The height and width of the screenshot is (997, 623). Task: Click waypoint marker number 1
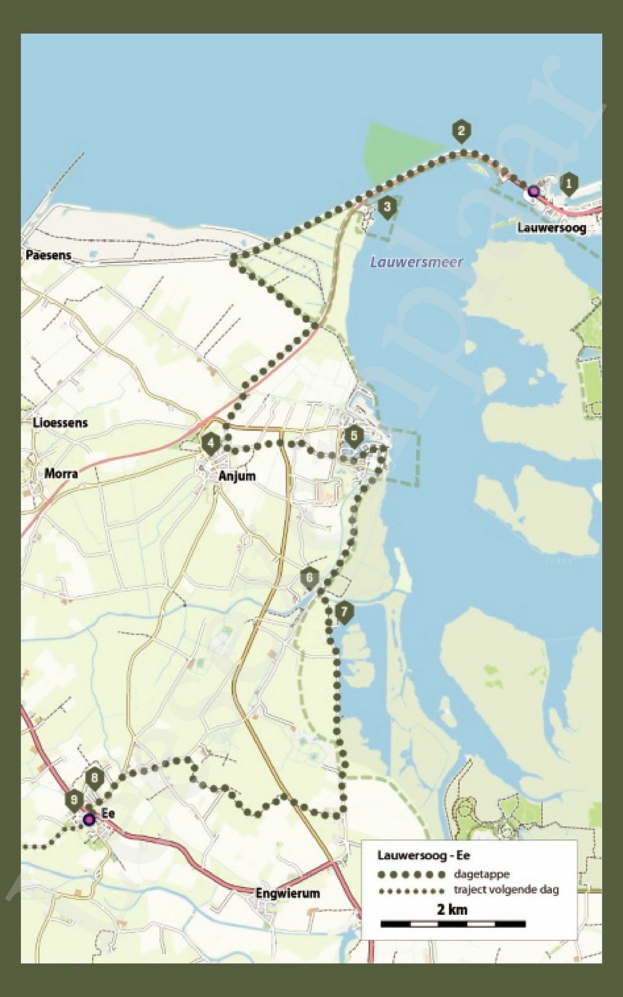(568, 184)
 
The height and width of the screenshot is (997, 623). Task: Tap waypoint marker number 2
(460, 130)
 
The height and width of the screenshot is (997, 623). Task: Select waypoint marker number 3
(388, 207)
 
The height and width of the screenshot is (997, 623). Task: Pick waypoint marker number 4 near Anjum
(211, 444)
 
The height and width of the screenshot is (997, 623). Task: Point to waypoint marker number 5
(354, 436)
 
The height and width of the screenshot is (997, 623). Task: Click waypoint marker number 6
(309, 578)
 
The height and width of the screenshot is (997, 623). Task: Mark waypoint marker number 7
(344, 612)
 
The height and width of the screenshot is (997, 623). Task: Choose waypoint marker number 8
(95, 778)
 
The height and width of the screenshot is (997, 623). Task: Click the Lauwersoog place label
(551, 227)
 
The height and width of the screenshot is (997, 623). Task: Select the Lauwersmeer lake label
(416, 262)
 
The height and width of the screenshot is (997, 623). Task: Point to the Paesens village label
(48, 255)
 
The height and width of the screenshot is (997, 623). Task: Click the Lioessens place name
(60, 422)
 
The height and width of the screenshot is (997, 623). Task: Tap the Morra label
(61, 474)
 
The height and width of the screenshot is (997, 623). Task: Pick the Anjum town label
(237, 476)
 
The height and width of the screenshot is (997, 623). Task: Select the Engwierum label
(287, 893)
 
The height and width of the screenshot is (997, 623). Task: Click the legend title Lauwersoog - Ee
(424, 856)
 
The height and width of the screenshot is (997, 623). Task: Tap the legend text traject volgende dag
(506, 890)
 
